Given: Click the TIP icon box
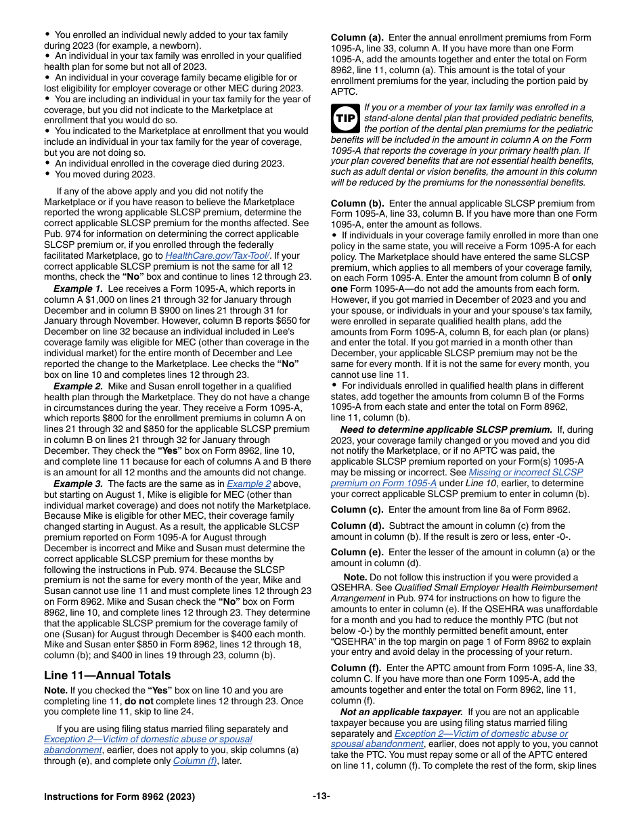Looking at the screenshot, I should pos(344,119).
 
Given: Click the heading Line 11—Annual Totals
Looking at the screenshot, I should pos(107,675).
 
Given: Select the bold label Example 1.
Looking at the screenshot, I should pos(79,289).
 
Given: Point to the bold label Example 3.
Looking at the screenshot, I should pos(79,484).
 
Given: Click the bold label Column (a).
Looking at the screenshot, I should pos(357,38).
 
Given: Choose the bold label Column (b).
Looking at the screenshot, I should pos(357,203).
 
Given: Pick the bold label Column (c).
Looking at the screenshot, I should pos(357,509).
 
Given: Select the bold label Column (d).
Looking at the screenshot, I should pos(357,526).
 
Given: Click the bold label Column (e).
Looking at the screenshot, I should pos(357,552).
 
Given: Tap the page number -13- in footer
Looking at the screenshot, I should pos(321,796).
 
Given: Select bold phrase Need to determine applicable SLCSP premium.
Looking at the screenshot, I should pos(446,429).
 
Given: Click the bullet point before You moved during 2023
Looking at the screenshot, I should pos(47,174).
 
